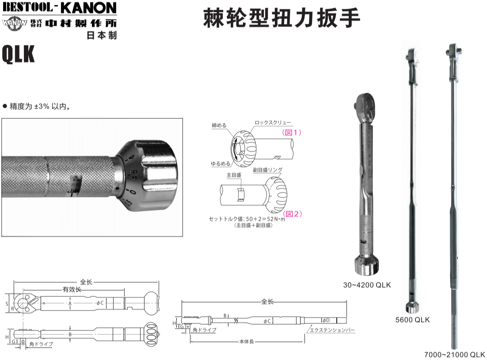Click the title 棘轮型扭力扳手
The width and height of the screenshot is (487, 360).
282,18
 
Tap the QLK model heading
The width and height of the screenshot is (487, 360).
18,55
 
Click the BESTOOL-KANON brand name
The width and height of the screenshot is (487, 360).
59,8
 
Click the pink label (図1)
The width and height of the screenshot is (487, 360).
292,132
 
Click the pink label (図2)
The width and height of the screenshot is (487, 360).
292,214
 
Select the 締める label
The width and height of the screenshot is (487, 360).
219,125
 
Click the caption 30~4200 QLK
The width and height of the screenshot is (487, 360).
367,285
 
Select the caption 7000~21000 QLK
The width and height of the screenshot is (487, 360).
454,354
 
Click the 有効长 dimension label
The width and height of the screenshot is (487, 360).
72,289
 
